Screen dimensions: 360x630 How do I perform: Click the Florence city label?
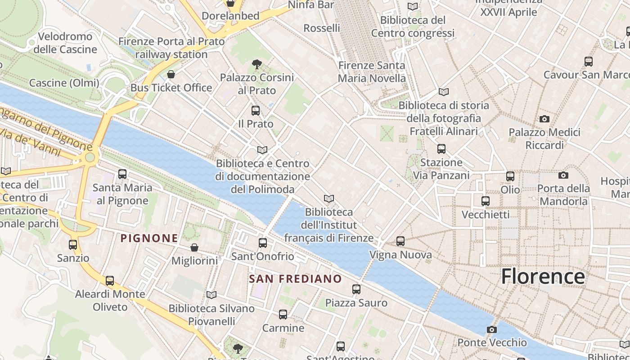(543, 276)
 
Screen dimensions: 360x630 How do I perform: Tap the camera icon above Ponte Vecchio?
(491, 329)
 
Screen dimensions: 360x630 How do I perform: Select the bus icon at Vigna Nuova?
(400, 241)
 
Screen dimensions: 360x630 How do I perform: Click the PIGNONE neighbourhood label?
(149, 238)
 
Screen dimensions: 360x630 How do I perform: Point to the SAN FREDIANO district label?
(295, 279)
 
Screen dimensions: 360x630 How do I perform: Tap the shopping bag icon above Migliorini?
(194, 247)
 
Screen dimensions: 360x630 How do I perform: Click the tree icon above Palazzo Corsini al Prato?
(257, 64)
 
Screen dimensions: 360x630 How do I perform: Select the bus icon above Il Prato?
(256, 110)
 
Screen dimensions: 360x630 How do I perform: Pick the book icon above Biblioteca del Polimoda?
(262, 150)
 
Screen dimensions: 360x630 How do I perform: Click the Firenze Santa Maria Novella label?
(372, 72)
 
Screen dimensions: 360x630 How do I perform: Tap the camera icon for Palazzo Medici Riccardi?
(544, 119)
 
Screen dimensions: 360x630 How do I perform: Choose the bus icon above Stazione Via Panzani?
(441, 149)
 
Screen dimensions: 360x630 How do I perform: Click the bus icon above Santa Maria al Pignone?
(122, 174)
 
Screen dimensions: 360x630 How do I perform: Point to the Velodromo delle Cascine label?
(65, 43)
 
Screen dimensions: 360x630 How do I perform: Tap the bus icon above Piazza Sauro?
(356, 289)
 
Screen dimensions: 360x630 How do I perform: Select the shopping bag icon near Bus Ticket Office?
(171, 74)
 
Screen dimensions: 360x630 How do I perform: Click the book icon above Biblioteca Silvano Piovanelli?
(211, 295)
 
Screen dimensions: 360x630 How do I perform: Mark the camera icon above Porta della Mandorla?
(563, 175)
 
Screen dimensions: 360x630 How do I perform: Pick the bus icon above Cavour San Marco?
(589, 62)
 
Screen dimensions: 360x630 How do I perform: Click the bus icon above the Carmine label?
(283, 315)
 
